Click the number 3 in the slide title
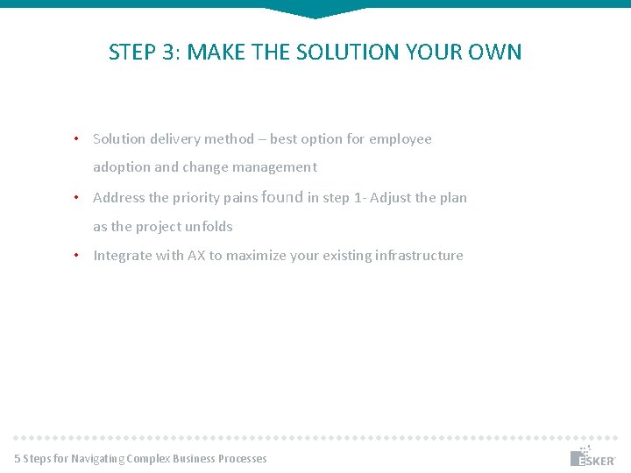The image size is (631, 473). point(168,53)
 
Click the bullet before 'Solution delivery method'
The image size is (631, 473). point(77,138)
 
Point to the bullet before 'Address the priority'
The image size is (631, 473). point(77,197)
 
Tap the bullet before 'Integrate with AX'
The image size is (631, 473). point(77,255)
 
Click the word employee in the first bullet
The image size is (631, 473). point(401,139)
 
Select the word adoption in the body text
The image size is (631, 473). point(122,167)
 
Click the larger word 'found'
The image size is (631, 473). point(282,197)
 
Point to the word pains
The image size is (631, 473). point(239,198)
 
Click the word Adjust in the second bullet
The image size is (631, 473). point(390,198)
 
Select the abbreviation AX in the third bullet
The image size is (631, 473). point(196,256)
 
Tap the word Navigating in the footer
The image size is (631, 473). point(97,459)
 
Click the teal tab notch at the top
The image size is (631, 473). point(315,11)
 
